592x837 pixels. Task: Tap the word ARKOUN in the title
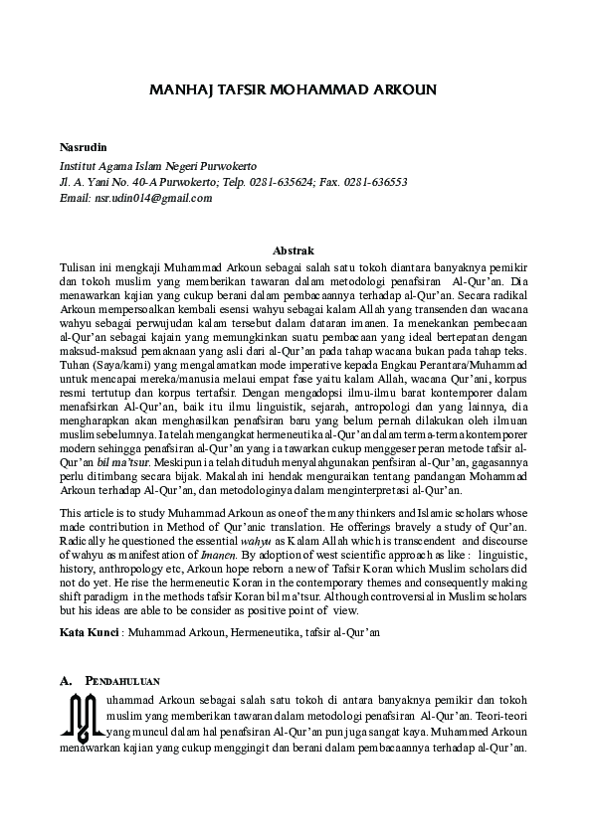[x=402, y=89]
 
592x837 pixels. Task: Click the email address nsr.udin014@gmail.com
[x=153, y=198]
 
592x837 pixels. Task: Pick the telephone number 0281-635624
[x=274, y=182]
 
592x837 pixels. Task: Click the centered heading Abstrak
[x=296, y=251]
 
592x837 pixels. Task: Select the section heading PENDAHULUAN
[x=123, y=682]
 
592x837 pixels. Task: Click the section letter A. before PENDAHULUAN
[x=68, y=682]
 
